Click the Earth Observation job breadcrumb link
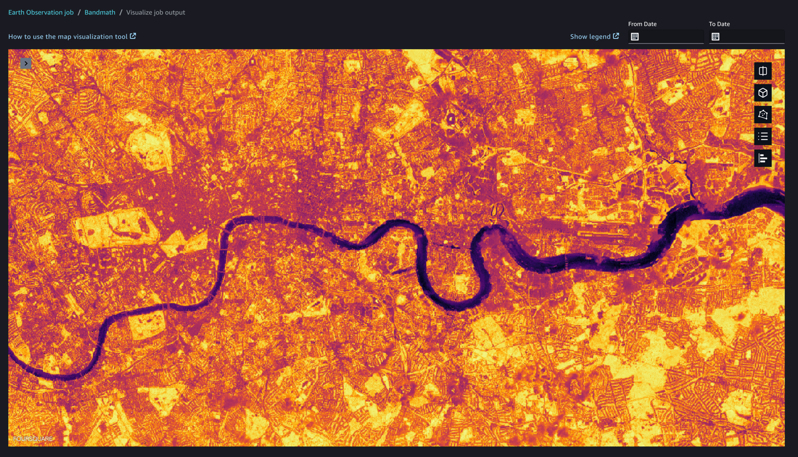point(41,12)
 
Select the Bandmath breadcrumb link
point(100,12)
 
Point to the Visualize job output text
point(156,12)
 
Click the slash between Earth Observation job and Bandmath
point(79,12)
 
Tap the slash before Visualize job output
point(121,12)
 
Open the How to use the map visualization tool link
point(68,36)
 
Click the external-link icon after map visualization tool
point(133,36)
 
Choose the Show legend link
point(590,36)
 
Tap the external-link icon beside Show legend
point(616,36)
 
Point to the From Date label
point(642,24)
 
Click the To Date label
point(719,24)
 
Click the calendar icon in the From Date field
point(634,37)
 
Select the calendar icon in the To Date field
point(715,37)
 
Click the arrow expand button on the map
point(26,64)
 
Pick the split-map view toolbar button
point(763,71)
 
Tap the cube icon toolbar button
point(763,93)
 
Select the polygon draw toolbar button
point(763,114)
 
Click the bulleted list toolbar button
point(763,136)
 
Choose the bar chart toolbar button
point(763,158)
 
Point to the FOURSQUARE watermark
point(32,439)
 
